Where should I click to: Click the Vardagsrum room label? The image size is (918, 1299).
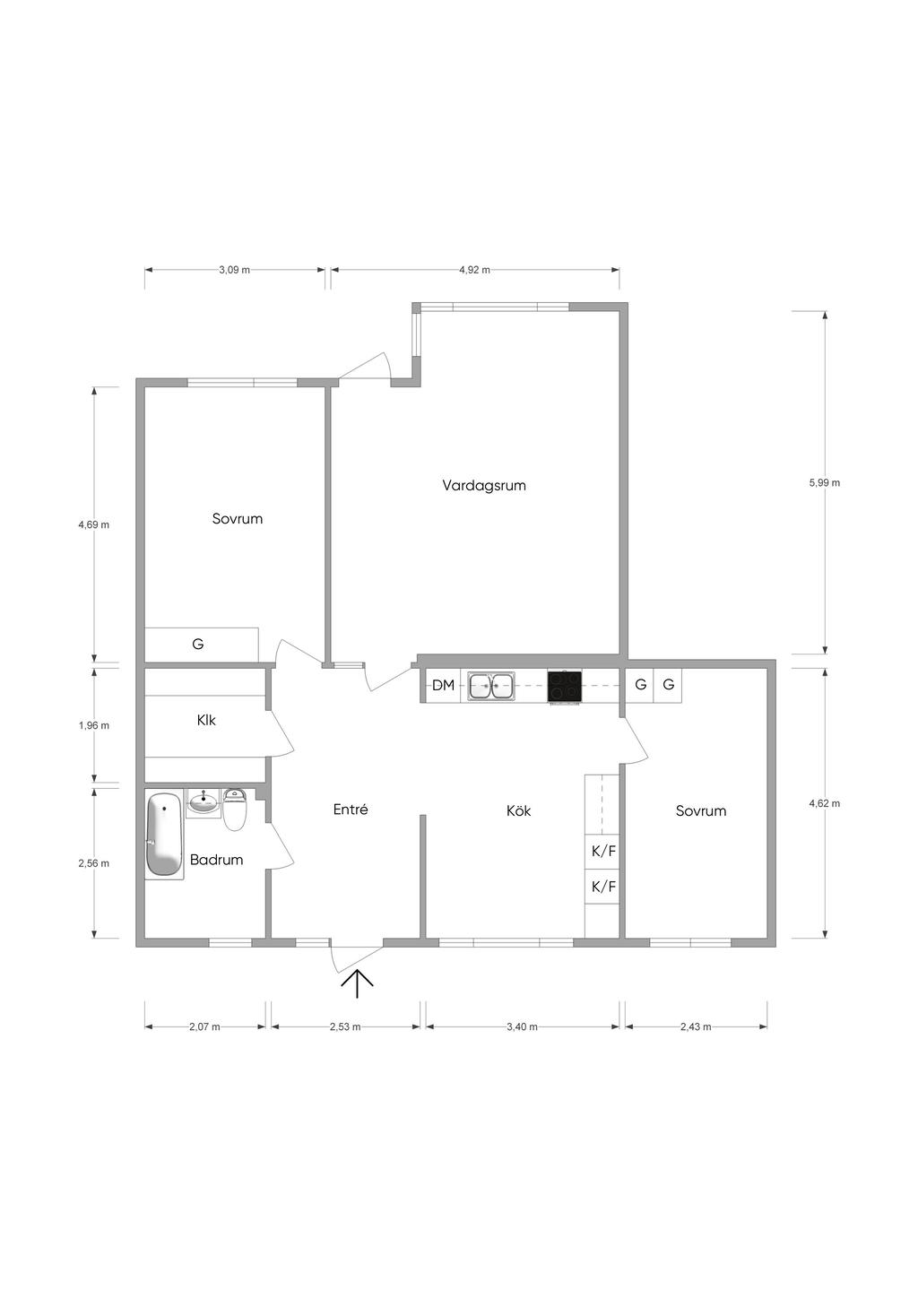pyautogui.click(x=483, y=485)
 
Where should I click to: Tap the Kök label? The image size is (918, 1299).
pyautogui.click(x=518, y=810)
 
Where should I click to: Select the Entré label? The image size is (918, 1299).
pyautogui.click(x=351, y=809)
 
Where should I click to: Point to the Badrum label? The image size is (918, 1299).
pyautogui.click(x=216, y=860)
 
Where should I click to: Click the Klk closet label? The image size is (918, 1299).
pyautogui.click(x=206, y=720)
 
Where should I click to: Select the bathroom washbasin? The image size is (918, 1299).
pyautogui.click(x=204, y=802)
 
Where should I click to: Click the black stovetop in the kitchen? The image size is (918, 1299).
pyautogui.click(x=564, y=687)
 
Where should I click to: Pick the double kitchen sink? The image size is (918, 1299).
pyautogui.click(x=491, y=687)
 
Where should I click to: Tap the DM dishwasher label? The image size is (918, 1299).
pyautogui.click(x=443, y=685)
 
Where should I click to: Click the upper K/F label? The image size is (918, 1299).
pyautogui.click(x=603, y=851)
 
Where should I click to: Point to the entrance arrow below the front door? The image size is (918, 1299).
pyautogui.click(x=357, y=984)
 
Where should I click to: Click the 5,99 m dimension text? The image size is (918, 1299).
pyautogui.click(x=824, y=482)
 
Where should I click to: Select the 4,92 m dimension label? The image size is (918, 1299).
pyautogui.click(x=474, y=270)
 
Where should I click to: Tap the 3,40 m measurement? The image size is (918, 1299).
pyautogui.click(x=522, y=1026)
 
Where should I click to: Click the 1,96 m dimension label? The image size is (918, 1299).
pyautogui.click(x=94, y=725)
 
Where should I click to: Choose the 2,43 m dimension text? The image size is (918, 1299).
pyautogui.click(x=696, y=1026)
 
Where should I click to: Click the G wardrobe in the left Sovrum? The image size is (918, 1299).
pyautogui.click(x=201, y=645)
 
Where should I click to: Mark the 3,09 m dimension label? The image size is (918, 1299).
pyautogui.click(x=234, y=270)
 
